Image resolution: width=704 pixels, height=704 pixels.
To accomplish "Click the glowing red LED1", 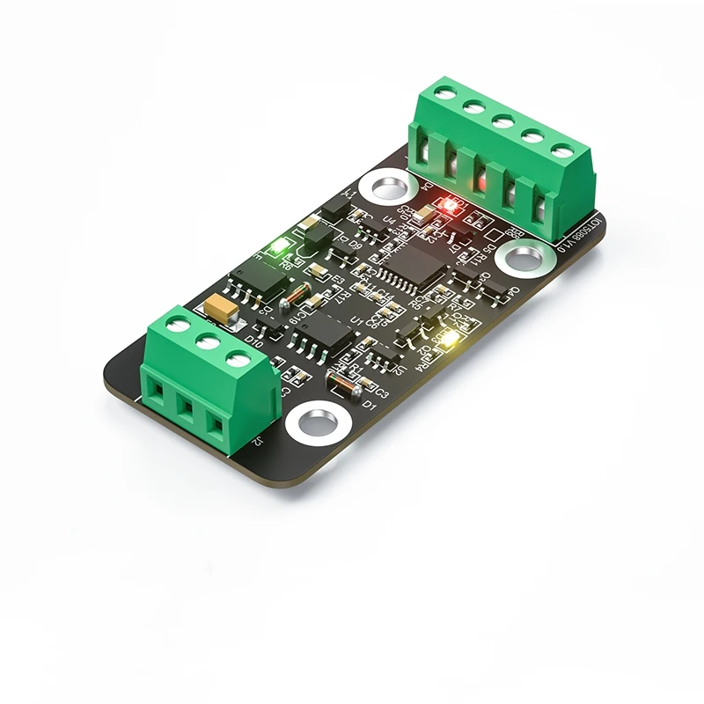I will (449, 206).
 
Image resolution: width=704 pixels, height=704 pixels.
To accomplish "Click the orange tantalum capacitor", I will (219, 308).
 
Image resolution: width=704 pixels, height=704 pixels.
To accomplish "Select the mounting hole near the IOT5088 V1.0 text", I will (523, 258).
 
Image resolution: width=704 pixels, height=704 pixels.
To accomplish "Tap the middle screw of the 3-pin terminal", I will (208, 342).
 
